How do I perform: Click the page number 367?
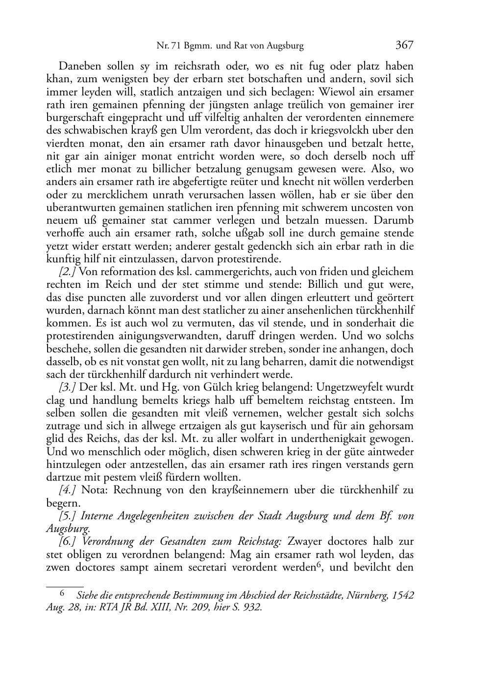point(404,46)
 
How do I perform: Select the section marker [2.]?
point(68,272)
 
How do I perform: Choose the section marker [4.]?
point(68,490)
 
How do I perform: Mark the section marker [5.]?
point(68,516)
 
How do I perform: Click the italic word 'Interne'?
point(98,516)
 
